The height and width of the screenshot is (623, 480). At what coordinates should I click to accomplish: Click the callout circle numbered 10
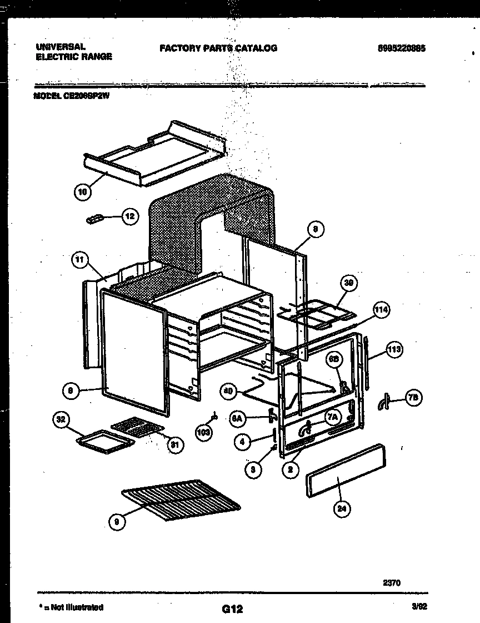(82, 192)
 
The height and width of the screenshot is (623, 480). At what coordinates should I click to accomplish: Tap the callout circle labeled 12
(129, 217)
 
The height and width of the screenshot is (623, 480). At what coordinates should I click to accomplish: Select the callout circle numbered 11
(81, 259)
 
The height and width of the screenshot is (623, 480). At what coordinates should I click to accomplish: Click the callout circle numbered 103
(204, 432)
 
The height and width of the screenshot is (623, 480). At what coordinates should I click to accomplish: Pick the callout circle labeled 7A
(332, 416)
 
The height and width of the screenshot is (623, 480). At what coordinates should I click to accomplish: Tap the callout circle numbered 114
(381, 310)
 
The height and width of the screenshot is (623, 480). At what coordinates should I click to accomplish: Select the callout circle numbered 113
(394, 350)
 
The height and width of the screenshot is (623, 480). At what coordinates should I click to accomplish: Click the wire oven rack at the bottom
(181, 497)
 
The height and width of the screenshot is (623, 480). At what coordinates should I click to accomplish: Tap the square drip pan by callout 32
(104, 440)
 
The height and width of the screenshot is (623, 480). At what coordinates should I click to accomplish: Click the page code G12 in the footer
(232, 609)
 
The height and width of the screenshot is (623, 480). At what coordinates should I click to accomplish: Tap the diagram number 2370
(392, 583)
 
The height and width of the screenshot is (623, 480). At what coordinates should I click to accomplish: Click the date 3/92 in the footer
(418, 607)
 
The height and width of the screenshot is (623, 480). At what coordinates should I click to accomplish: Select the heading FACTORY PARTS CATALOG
(218, 48)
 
